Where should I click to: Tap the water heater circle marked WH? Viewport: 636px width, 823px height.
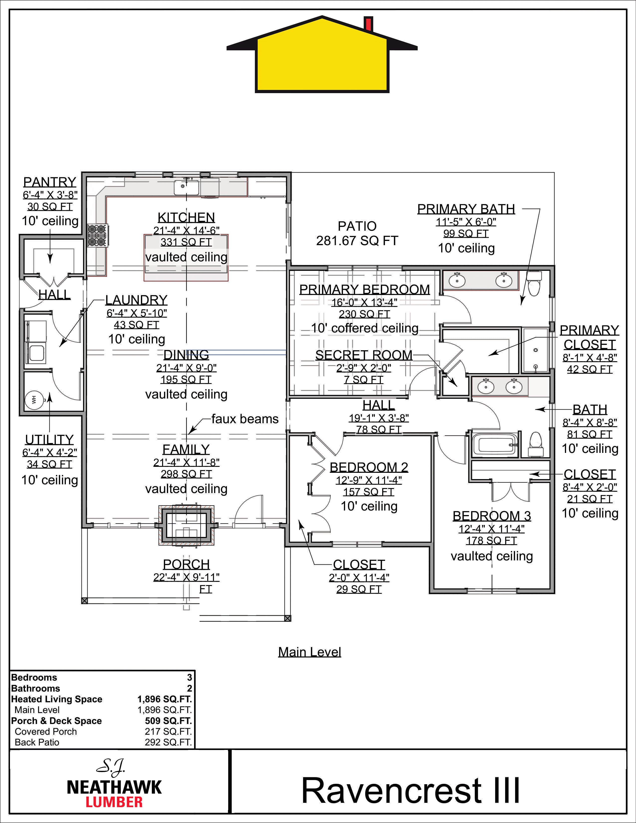pyautogui.click(x=33, y=400)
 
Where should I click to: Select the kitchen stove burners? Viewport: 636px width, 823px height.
pyautogui.click(x=98, y=235)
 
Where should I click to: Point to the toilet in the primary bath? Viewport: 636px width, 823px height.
pyautogui.click(x=534, y=284)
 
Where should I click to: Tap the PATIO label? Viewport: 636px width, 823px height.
pyautogui.click(x=357, y=226)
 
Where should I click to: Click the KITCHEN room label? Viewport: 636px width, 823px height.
pyautogui.click(x=186, y=217)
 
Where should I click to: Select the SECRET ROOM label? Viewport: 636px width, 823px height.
pyautogui.click(x=364, y=355)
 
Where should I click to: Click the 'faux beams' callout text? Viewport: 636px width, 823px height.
pyautogui.click(x=245, y=419)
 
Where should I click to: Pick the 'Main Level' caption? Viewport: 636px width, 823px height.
pyautogui.click(x=310, y=652)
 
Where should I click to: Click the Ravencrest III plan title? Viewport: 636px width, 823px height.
pyautogui.click(x=411, y=790)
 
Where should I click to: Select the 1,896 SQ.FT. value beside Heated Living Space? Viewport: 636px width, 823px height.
pyautogui.click(x=165, y=699)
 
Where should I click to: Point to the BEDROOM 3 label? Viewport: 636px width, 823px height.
pyautogui.click(x=492, y=515)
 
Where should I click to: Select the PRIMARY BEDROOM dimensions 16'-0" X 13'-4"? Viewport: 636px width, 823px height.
pyautogui.click(x=364, y=302)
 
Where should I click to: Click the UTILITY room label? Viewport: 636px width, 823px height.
pyautogui.click(x=49, y=439)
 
